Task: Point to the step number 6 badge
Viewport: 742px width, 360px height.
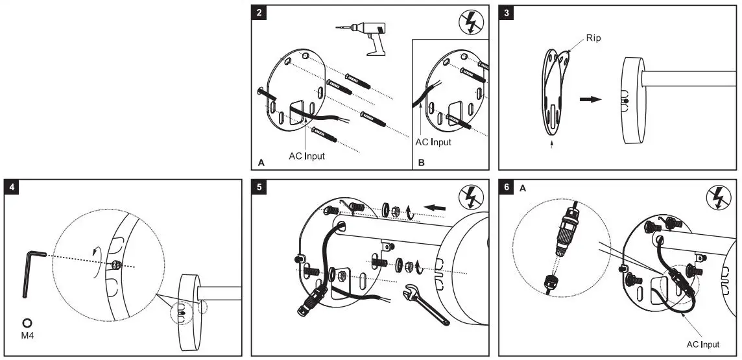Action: pyautogui.click(x=507, y=188)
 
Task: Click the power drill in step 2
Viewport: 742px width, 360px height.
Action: pyautogui.click(x=363, y=34)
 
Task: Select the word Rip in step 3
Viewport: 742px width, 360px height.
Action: pyautogui.click(x=593, y=38)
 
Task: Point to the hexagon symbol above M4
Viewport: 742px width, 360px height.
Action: pyautogui.click(x=28, y=323)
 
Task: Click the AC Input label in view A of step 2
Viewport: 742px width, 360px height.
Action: pyautogui.click(x=307, y=156)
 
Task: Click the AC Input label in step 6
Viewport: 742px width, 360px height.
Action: pyautogui.click(x=704, y=344)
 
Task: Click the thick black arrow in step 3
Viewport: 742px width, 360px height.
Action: pyautogui.click(x=590, y=99)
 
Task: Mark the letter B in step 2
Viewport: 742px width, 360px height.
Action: pyautogui.click(x=421, y=163)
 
